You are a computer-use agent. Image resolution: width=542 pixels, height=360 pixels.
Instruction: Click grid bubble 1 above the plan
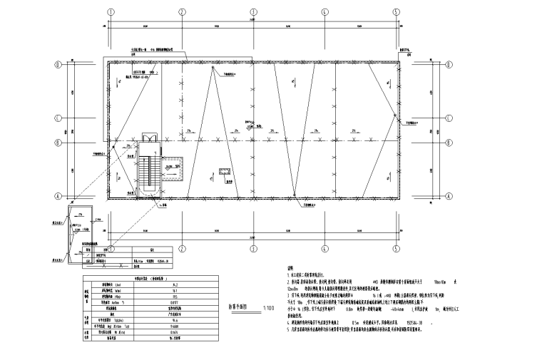111,12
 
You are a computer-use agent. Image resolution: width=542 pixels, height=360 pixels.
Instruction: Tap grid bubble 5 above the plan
397,12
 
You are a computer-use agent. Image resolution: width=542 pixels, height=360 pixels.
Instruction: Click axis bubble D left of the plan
58,65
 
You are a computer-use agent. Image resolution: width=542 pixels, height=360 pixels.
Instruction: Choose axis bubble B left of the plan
58,141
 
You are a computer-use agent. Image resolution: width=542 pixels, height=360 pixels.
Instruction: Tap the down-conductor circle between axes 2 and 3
212,69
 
